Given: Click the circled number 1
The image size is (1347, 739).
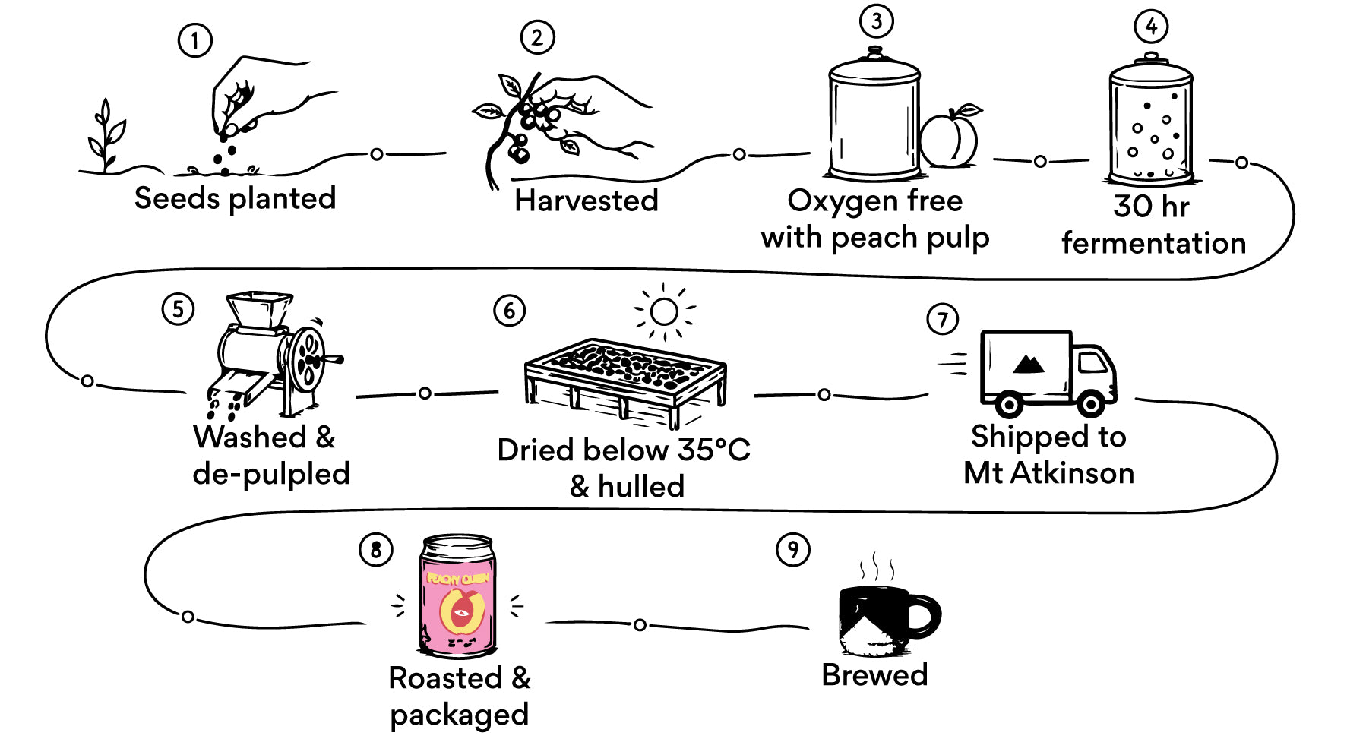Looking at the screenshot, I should click(194, 40).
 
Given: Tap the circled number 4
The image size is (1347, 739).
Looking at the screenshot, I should click(1151, 27).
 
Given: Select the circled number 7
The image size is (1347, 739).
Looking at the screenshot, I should click(943, 319).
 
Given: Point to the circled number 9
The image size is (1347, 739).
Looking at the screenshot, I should click(793, 549).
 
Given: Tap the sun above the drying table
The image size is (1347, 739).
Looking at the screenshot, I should click(664, 311).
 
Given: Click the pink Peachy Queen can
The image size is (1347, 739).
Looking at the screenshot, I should click(457, 595).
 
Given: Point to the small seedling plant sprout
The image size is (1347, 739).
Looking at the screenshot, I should click(105, 137).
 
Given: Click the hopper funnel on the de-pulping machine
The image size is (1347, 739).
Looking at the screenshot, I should click(258, 311).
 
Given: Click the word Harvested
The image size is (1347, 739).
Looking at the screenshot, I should click(586, 201).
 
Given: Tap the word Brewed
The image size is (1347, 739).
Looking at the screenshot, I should click(874, 674).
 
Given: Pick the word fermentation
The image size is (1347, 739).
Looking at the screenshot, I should click(1153, 243).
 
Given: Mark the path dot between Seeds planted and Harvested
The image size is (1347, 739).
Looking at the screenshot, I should click(377, 154).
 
